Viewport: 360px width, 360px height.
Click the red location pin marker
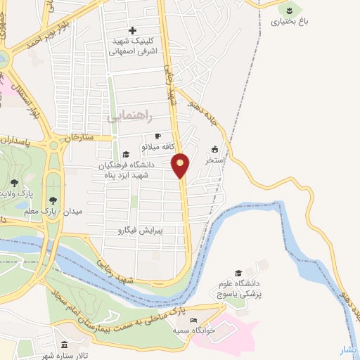[x=181, y=165]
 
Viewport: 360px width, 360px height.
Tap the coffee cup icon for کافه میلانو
[x=157, y=136]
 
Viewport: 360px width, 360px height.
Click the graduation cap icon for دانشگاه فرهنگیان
[x=125, y=155]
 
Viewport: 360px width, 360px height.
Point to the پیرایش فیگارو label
[x=138, y=230]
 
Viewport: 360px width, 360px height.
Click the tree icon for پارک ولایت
[x=14, y=183]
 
